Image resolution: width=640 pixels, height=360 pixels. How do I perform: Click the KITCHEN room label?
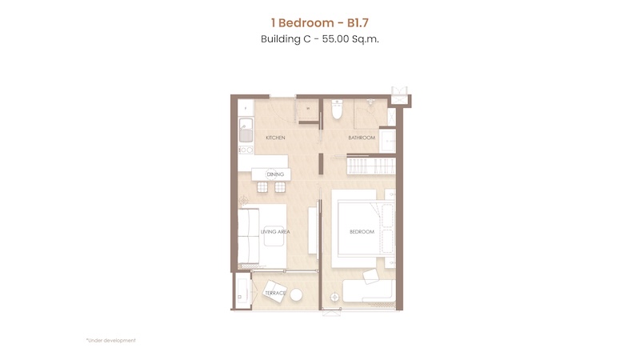pyautogui.click(x=275, y=138)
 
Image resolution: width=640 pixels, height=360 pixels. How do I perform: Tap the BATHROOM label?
pyautogui.click(x=362, y=138)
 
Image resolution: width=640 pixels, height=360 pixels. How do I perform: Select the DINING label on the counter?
pyautogui.click(x=275, y=174)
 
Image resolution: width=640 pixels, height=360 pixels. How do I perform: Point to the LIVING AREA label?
pyautogui.click(x=275, y=232)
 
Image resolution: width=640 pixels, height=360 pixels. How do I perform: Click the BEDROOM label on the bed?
pyautogui.click(x=362, y=232)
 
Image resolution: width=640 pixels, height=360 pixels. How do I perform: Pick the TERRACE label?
pyautogui.click(x=275, y=293)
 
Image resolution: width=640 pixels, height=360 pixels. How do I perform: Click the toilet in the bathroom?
pyautogui.click(x=337, y=110)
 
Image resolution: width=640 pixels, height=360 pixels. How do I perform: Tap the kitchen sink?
pyautogui.click(x=246, y=130)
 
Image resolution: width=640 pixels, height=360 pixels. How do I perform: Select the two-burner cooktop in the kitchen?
pyautogui.click(x=246, y=150)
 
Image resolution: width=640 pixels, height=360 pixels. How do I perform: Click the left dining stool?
pyautogui.click(x=262, y=187)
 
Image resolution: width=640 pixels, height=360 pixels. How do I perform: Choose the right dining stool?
pyautogui.click(x=280, y=187)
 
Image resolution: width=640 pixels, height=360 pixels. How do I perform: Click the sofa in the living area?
pyautogui.click(x=249, y=236)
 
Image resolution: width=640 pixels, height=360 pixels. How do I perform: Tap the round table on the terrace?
pyautogui.click(x=296, y=295)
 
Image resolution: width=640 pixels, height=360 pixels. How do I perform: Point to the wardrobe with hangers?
pyautogui.click(x=371, y=166)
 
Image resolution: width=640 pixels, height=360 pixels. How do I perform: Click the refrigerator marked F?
pyautogui.click(x=246, y=108)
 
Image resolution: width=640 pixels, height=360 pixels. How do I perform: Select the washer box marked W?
pyautogui.click(x=308, y=109)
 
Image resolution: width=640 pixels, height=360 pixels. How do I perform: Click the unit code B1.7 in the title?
pyautogui.click(x=358, y=23)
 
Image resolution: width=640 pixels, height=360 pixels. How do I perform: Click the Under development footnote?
pyautogui.click(x=111, y=341)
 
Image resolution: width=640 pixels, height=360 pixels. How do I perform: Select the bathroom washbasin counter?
pyautogui.click(x=387, y=141)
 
